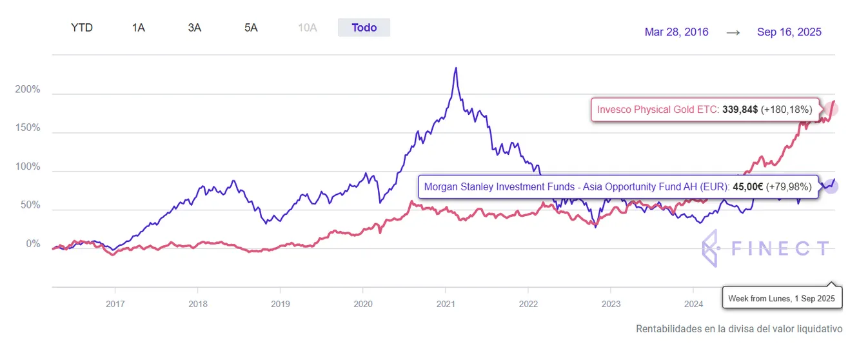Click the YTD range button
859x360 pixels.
82,28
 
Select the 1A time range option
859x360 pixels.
138,28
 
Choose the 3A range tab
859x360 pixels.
194,28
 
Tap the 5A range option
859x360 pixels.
251,28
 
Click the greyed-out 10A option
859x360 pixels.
308,28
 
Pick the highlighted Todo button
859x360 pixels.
364,28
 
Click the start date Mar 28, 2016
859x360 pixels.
676,32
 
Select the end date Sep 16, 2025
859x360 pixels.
789,32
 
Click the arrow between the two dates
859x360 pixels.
733,32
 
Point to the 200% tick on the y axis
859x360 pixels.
28,90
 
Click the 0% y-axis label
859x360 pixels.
33,245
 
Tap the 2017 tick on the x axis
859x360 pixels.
115,304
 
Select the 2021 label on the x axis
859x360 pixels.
446,304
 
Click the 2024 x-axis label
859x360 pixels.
694,304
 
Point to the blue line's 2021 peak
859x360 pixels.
456,68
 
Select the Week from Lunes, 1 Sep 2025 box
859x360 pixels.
781,299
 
